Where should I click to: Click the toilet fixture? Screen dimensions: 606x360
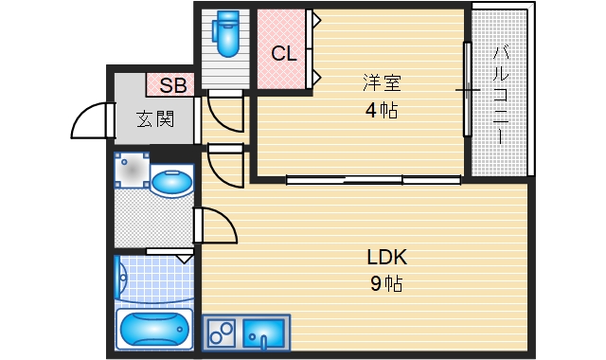(226, 33)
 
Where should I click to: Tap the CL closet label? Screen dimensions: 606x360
(284, 54)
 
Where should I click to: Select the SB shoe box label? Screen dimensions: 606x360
(172, 85)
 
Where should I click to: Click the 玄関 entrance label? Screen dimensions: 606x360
(155, 119)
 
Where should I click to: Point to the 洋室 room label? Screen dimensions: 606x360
(382, 82)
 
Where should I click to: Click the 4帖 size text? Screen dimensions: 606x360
(382, 111)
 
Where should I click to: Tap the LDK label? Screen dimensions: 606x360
(386, 257)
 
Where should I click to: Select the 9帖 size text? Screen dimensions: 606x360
(386, 284)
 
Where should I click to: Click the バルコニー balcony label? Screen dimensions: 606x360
(500, 95)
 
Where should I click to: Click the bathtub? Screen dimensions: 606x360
(154, 329)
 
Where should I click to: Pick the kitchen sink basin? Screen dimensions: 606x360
(264, 333)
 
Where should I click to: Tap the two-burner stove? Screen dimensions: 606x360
(221, 333)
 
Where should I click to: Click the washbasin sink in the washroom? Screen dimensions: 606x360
(172, 181)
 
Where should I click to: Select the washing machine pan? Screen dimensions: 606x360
(132, 170)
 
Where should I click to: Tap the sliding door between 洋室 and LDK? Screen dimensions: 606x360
(373, 180)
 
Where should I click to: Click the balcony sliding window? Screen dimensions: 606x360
(467, 89)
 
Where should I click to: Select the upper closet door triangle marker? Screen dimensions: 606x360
(317, 19)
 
